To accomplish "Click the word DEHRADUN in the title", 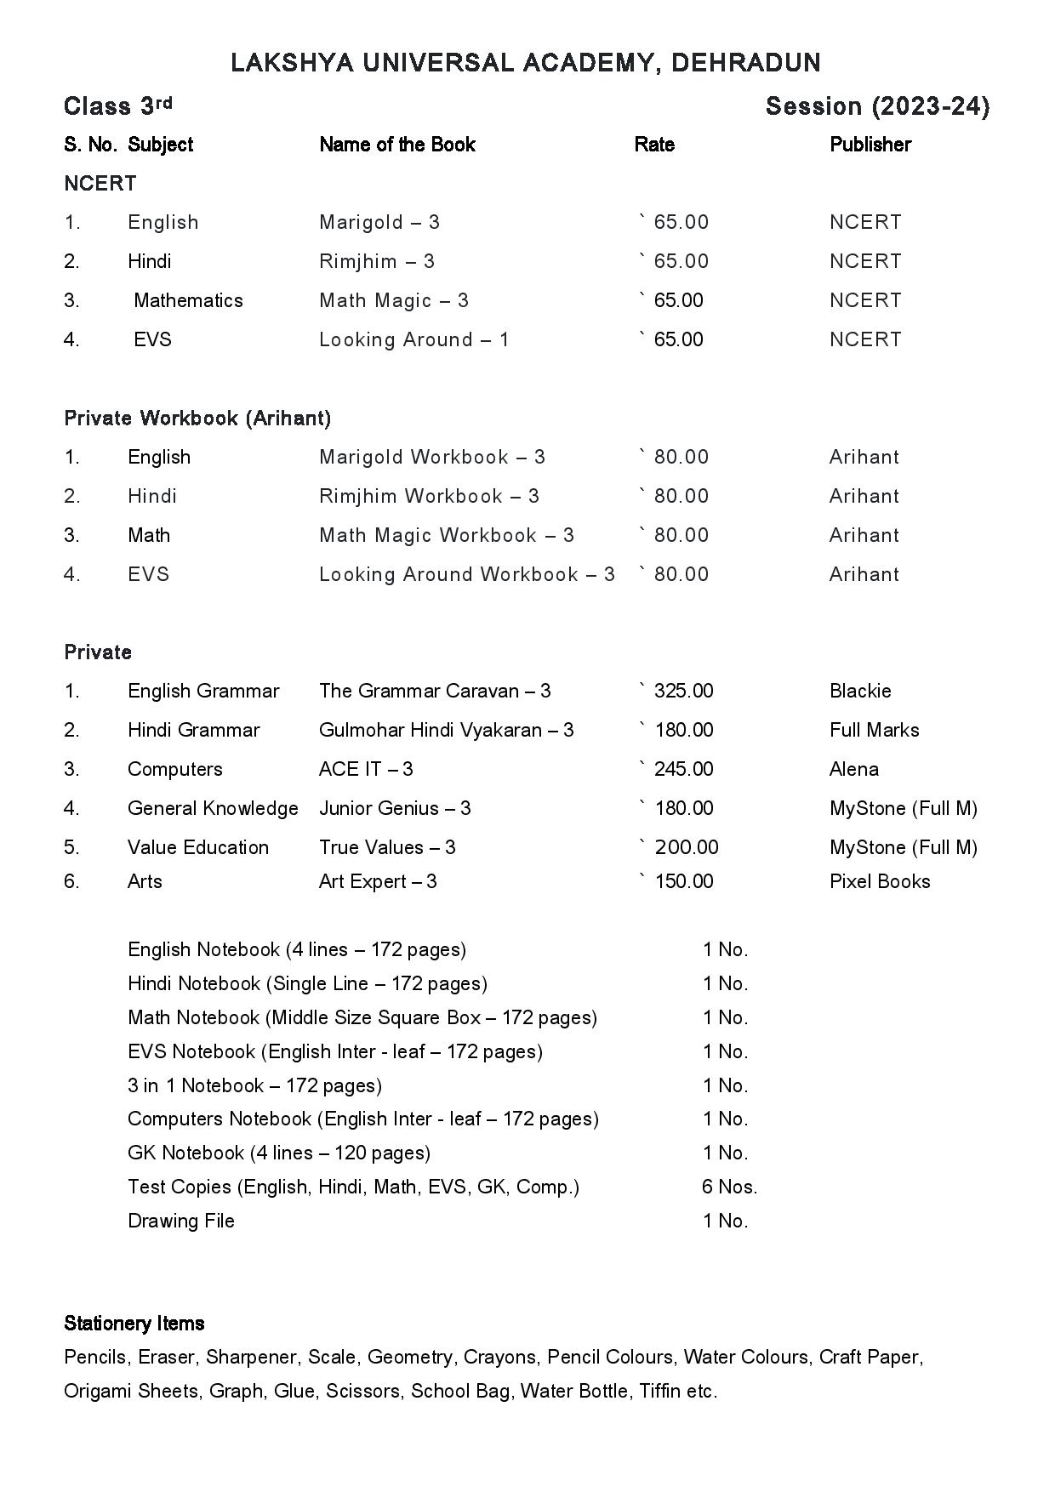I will tap(745, 63).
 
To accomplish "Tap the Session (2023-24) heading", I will tap(877, 106).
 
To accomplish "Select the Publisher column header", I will tap(870, 145).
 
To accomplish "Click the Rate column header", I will tap(654, 145).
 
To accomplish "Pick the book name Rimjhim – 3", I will tap(376, 261).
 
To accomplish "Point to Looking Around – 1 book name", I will tap(413, 339).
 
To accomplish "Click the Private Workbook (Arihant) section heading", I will tap(197, 418).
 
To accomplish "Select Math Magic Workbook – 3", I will tap(446, 535).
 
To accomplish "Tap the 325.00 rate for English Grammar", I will tap(682, 691).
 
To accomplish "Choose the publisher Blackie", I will tap(860, 691).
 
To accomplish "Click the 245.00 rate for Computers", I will tap(682, 769).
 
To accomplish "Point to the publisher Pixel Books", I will tap(880, 881).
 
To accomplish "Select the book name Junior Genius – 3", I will tap(394, 808).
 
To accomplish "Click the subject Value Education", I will tap(197, 847).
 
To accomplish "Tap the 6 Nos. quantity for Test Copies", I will tap(729, 1187).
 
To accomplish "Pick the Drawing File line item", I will tap(180, 1221).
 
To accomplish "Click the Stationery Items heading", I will tap(134, 1324).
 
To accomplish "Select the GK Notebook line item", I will tap(278, 1153).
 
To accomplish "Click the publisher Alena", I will tap(853, 769).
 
